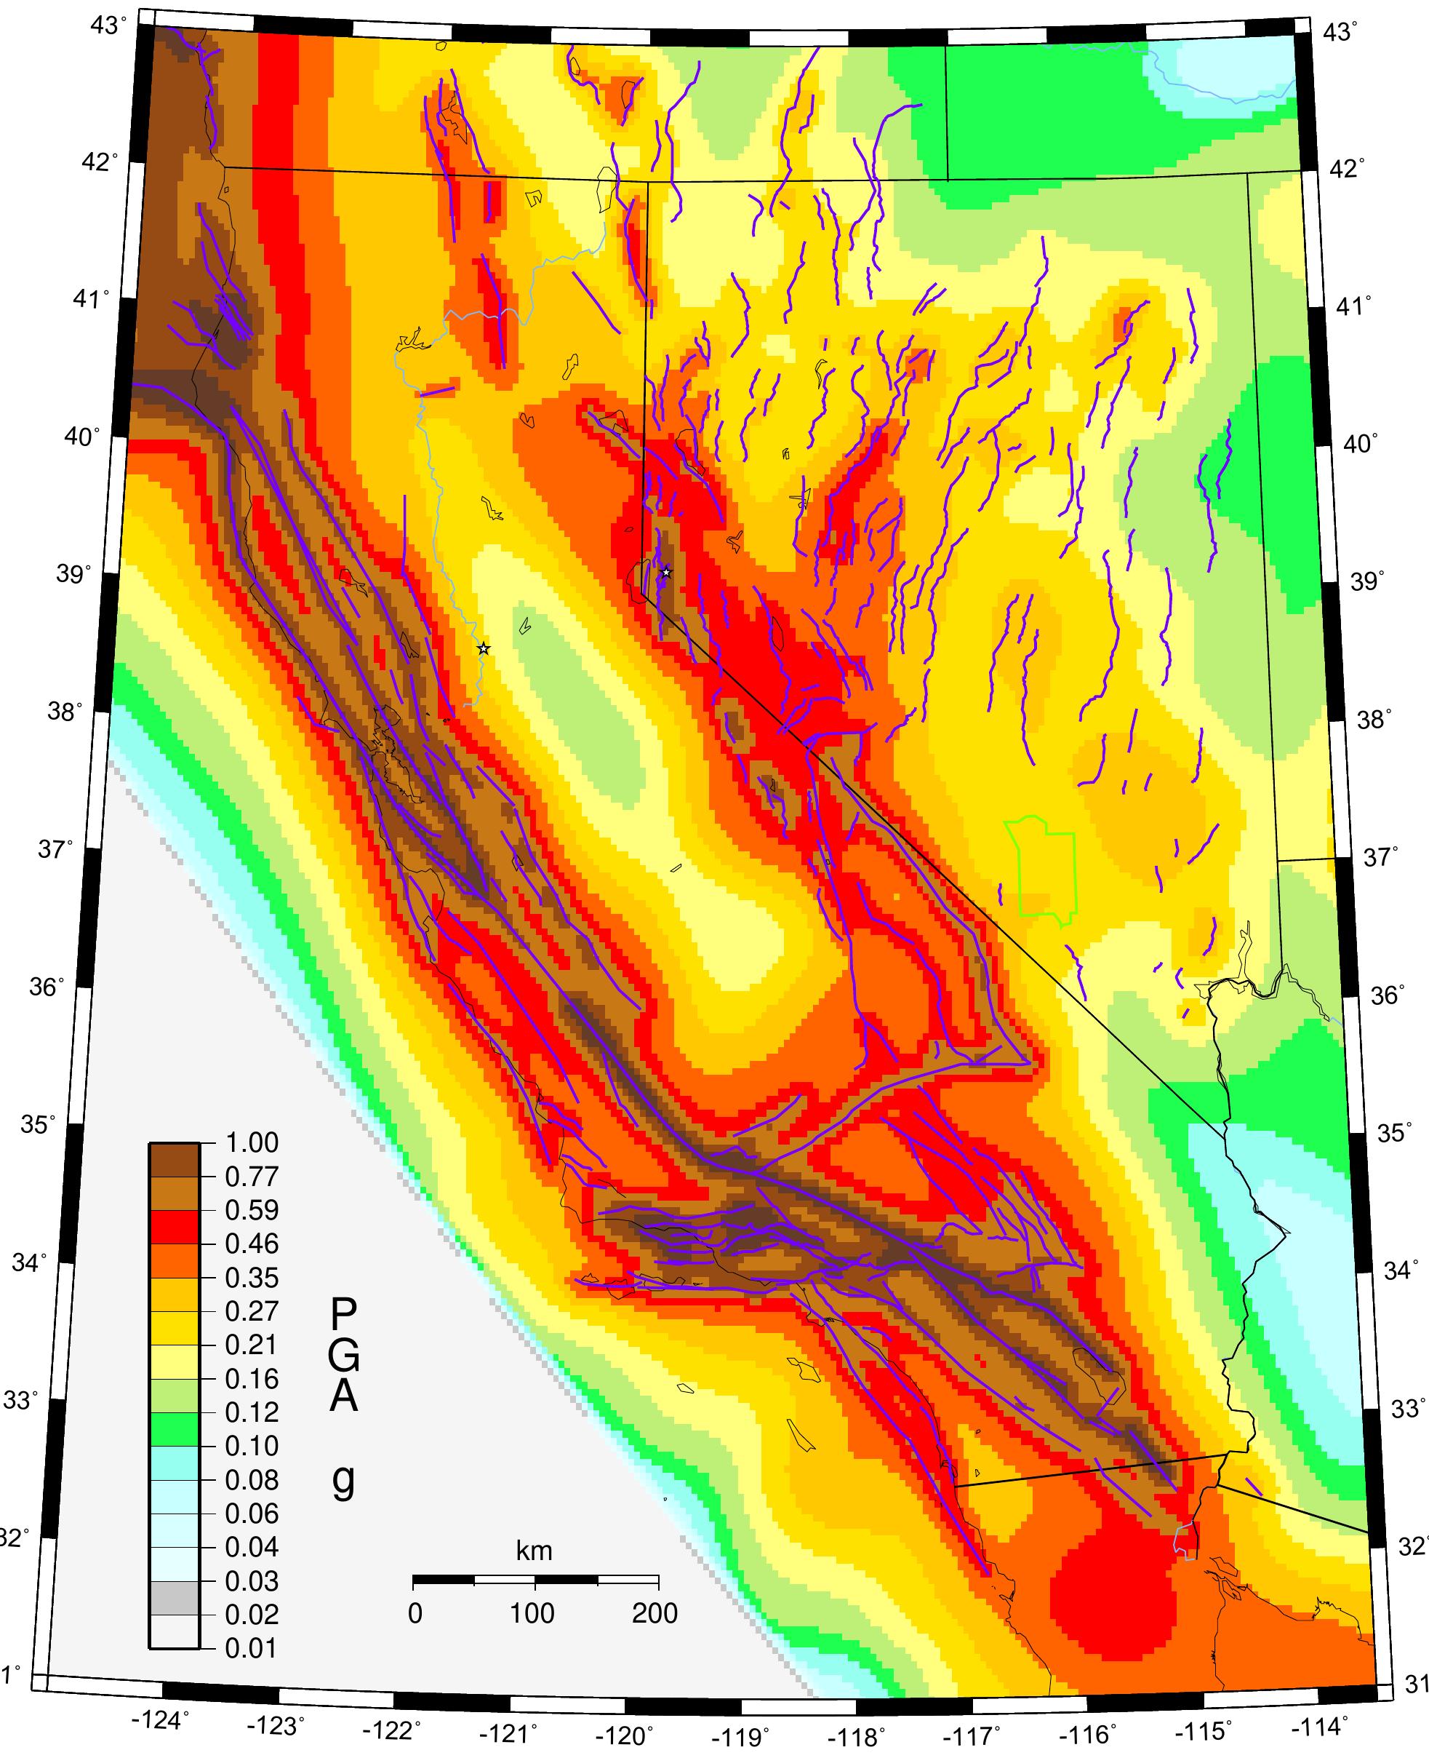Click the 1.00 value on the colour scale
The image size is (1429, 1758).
coord(252,1142)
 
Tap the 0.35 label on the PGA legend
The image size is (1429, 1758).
coord(252,1277)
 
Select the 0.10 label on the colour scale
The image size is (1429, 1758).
coord(252,1445)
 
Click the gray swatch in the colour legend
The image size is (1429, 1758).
coord(174,1598)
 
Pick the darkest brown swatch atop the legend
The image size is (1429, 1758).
coord(174,1159)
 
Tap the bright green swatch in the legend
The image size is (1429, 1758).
coord(174,1429)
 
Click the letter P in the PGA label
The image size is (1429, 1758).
coord(343,1315)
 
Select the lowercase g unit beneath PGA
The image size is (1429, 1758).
coord(343,1480)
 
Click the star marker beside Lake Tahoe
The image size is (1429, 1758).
coord(667,572)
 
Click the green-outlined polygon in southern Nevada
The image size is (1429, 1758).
coord(1042,870)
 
